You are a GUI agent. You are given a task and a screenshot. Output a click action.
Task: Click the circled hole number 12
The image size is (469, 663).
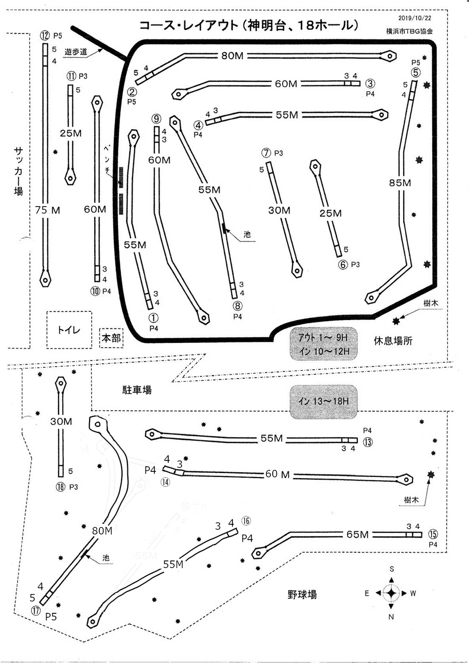tap(45, 35)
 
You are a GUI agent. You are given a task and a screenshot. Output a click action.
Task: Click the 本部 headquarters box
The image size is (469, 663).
tap(111, 338)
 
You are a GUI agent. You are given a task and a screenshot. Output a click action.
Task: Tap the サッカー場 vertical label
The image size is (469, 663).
tap(19, 171)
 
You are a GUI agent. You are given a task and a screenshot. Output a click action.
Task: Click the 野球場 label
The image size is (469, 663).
tap(302, 594)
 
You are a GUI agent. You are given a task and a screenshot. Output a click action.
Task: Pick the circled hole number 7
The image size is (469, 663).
tap(266, 153)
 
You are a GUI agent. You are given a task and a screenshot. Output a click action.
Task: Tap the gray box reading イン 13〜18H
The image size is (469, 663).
tap(324, 401)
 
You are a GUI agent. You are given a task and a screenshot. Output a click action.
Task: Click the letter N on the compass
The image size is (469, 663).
tap(391, 616)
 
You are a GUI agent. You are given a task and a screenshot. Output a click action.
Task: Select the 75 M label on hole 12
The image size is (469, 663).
tap(49, 210)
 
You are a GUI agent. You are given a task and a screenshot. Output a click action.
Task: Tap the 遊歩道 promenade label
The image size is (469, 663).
tap(76, 51)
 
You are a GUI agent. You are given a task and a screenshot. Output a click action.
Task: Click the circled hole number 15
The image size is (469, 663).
tap(433, 535)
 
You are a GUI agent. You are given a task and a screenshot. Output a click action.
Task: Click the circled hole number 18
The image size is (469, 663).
tap(61, 486)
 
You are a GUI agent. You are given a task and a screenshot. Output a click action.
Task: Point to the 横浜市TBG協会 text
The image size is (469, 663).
tap(409, 31)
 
